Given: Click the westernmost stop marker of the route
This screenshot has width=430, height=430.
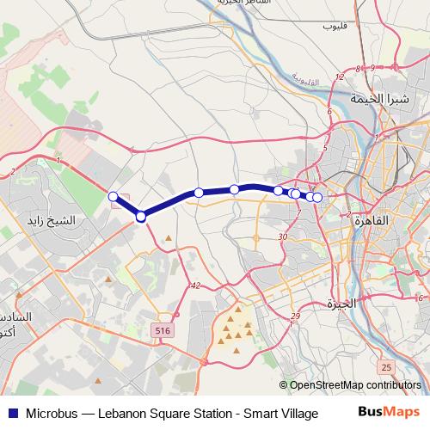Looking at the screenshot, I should [113, 197].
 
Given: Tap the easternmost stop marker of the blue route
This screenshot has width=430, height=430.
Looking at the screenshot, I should [317, 198].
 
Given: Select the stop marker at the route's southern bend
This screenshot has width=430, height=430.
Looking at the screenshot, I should [141, 217].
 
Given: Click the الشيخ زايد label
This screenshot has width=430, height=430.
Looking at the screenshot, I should [76, 220].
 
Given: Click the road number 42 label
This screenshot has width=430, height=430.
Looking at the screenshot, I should [196, 286].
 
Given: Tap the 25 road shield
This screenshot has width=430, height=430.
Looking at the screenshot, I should [386, 367].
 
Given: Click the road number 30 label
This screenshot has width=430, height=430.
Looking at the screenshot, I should [283, 236].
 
